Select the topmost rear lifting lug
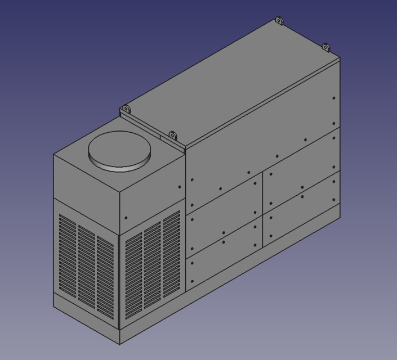tap(278, 21)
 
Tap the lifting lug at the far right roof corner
tap(325, 47)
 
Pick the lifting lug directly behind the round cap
tap(124, 109)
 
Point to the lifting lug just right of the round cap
tap(172, 136)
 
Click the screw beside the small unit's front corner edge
tap(126, 218)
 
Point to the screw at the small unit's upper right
tap(180, 186)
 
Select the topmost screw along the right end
tap(334, 98)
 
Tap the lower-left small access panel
tap(225, 239)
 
